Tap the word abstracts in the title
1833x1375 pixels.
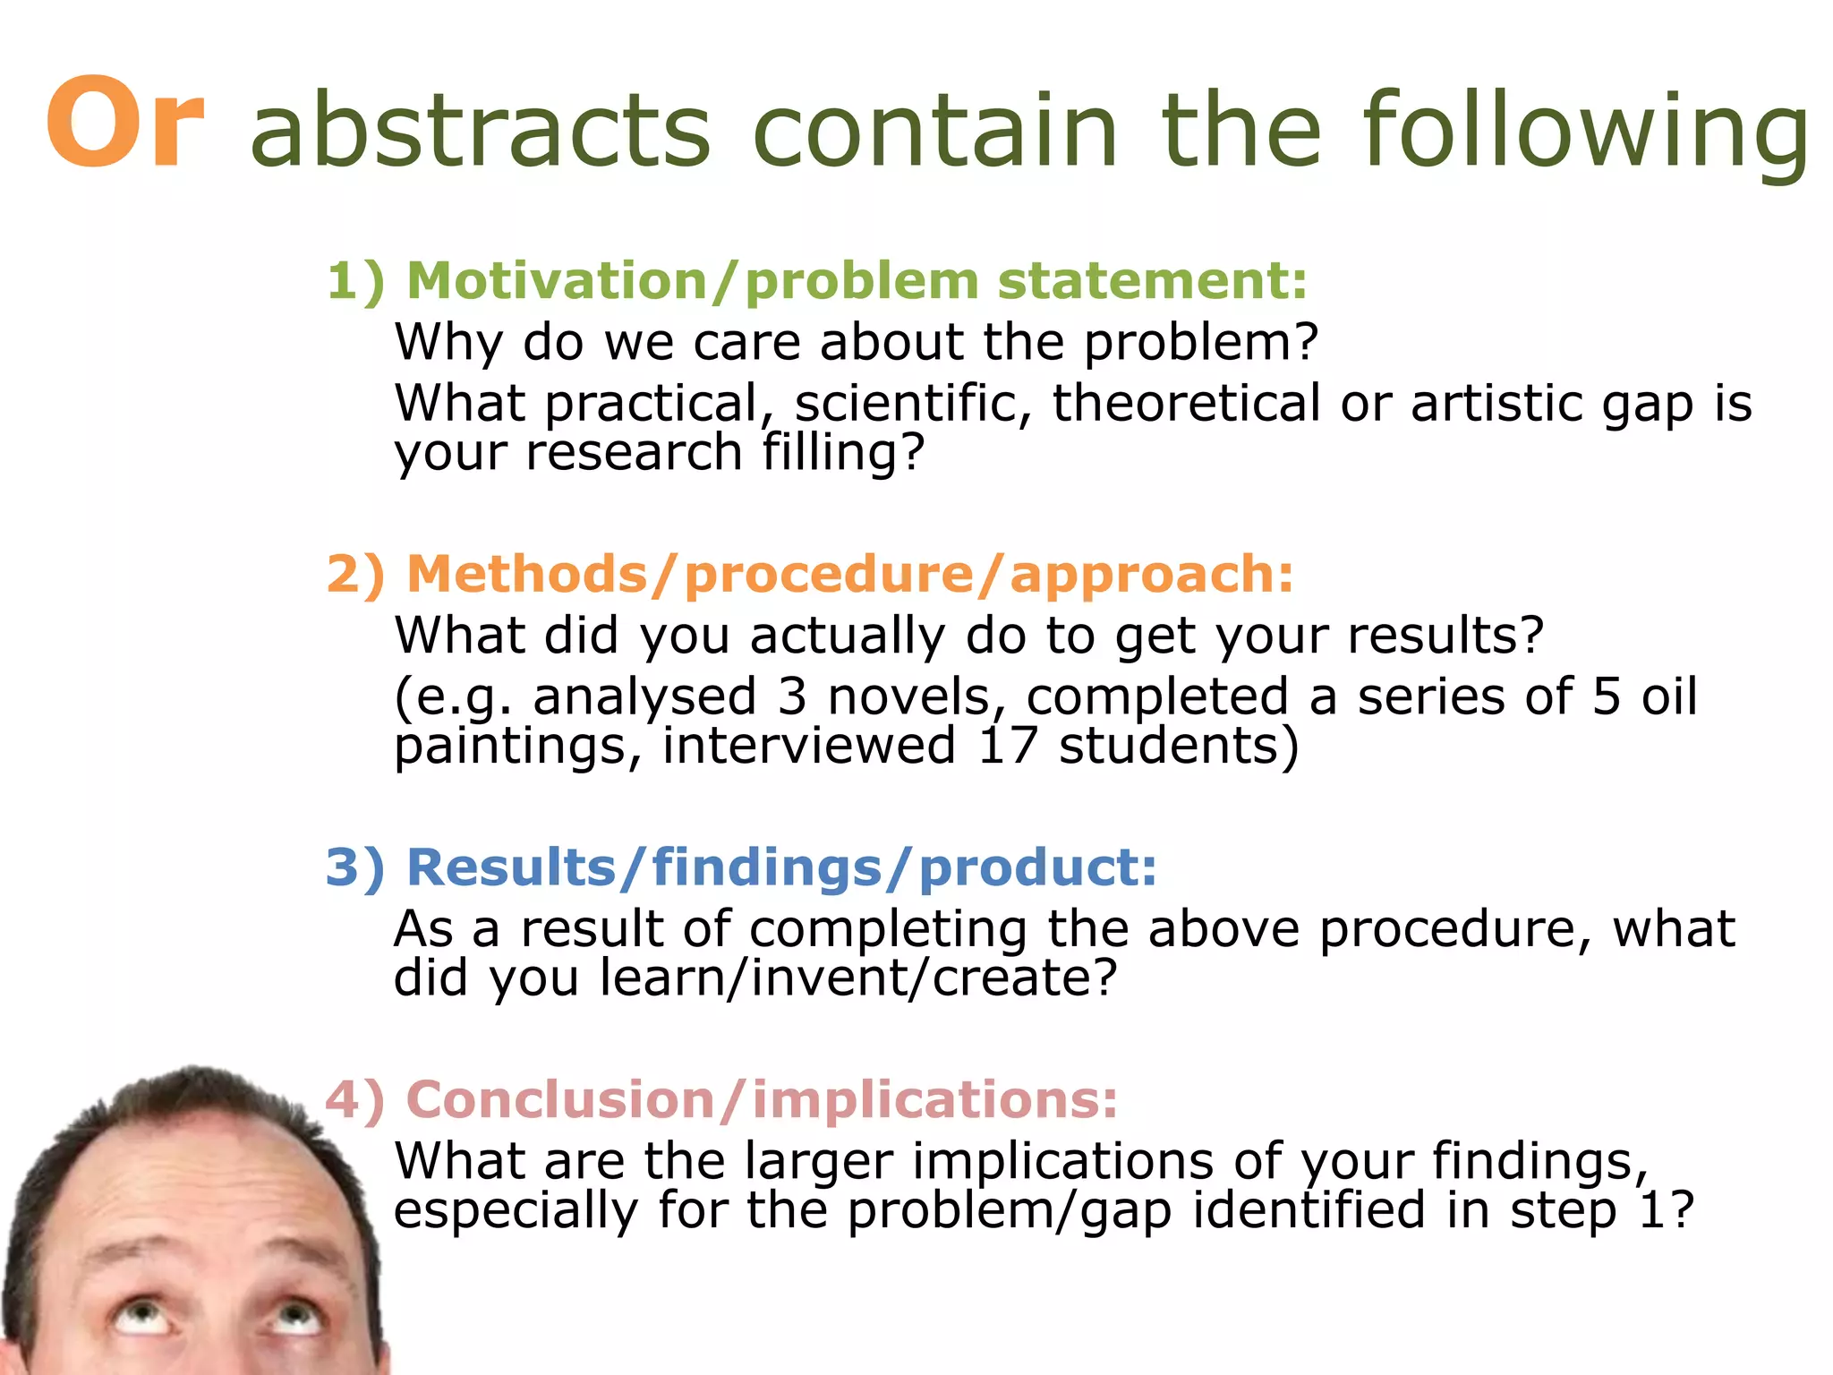tap(481, 131)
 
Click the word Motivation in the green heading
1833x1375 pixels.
tap(558, 281)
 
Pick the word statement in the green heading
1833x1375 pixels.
tap(1153, 281)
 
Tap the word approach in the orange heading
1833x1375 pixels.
tap(1151, 576)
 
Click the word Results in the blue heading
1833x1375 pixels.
tap(511, 867)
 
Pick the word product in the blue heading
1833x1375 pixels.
tap(1037, 869)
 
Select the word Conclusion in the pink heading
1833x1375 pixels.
tap(560, 1099)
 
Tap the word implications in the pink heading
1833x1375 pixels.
tap(934, 1101)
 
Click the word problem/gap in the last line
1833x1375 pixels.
tap(1010, 1211)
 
